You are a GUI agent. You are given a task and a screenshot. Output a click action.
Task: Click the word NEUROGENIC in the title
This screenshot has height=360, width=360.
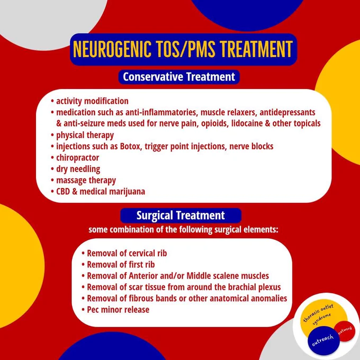point(112,49)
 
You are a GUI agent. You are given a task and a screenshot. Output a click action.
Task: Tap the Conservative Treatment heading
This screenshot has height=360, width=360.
point(179,77)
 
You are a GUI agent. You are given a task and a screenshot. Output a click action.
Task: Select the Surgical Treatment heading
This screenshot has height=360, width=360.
point(181,215)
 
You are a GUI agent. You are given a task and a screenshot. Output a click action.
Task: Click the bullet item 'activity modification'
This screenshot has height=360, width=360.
point(92,101)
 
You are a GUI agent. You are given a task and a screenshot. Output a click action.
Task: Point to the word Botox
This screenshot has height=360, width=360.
point(130,146)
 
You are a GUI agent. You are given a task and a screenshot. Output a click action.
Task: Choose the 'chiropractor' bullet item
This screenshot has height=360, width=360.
point(78,158)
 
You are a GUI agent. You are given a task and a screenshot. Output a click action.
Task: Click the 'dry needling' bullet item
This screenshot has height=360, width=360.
point(78,169)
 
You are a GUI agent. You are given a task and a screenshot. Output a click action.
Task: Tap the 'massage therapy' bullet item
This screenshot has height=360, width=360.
point(86,181)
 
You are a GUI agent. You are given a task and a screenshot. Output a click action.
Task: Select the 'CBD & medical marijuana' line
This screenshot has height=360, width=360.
point(101,192)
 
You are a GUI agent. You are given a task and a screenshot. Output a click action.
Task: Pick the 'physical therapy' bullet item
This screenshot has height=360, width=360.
point(85,135)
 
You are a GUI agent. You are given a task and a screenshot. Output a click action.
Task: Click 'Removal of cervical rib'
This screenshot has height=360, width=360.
point(127,253)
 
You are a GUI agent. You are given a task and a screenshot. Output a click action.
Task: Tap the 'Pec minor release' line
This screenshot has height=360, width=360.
point(118,310)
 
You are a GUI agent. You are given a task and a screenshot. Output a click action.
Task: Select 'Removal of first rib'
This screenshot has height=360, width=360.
point(121,265)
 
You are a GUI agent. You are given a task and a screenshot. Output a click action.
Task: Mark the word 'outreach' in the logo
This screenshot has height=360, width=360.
point(322,340)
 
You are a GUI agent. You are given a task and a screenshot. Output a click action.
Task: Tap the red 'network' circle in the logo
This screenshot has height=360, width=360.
point(345,331)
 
